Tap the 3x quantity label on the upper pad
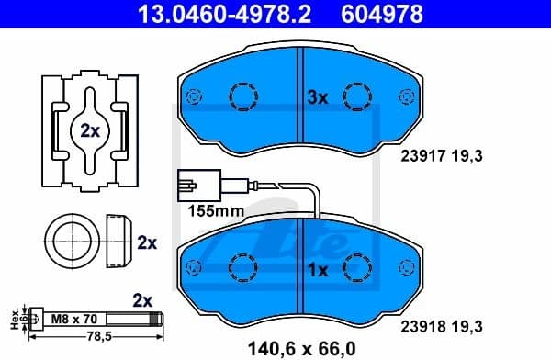[x=317, y=96]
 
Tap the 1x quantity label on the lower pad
[x=317, y=271]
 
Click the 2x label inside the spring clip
[x=89, y=130]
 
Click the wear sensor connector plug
[x=186, y=186]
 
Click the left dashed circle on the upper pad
[x=244, y=96]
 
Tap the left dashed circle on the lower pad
[x=244, y=268]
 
